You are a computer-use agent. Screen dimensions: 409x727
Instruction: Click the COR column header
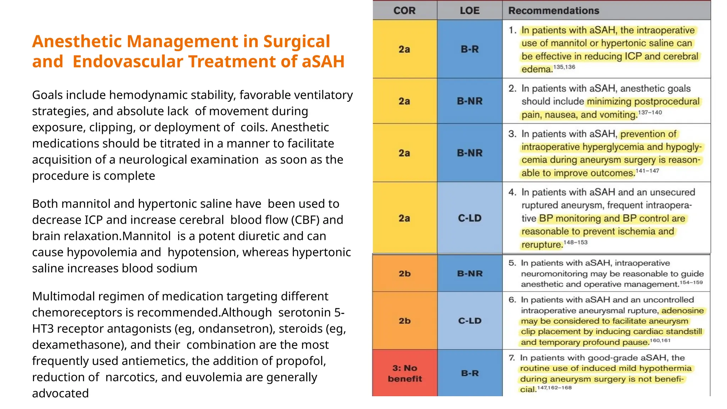point(404,11)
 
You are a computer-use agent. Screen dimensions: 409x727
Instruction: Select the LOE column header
point(469,11)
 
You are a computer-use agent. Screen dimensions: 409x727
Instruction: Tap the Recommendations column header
point(553,11)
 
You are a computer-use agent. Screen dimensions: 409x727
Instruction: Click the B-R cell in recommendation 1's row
point(470,49)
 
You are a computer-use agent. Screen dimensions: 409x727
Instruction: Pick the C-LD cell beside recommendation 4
point(470,218)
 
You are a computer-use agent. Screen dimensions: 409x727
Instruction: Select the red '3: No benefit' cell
point(405,373)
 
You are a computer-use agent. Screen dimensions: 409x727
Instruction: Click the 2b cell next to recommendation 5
point(405,274)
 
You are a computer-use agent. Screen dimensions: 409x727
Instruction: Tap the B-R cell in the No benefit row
point(470,373)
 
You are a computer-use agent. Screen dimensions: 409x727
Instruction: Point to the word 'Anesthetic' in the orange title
point(77,42)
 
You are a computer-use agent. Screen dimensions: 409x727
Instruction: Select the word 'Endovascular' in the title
point(128,61)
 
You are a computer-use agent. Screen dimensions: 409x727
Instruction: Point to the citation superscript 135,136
point(564,67)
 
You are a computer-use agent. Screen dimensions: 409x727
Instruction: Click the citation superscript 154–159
point(691,283)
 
